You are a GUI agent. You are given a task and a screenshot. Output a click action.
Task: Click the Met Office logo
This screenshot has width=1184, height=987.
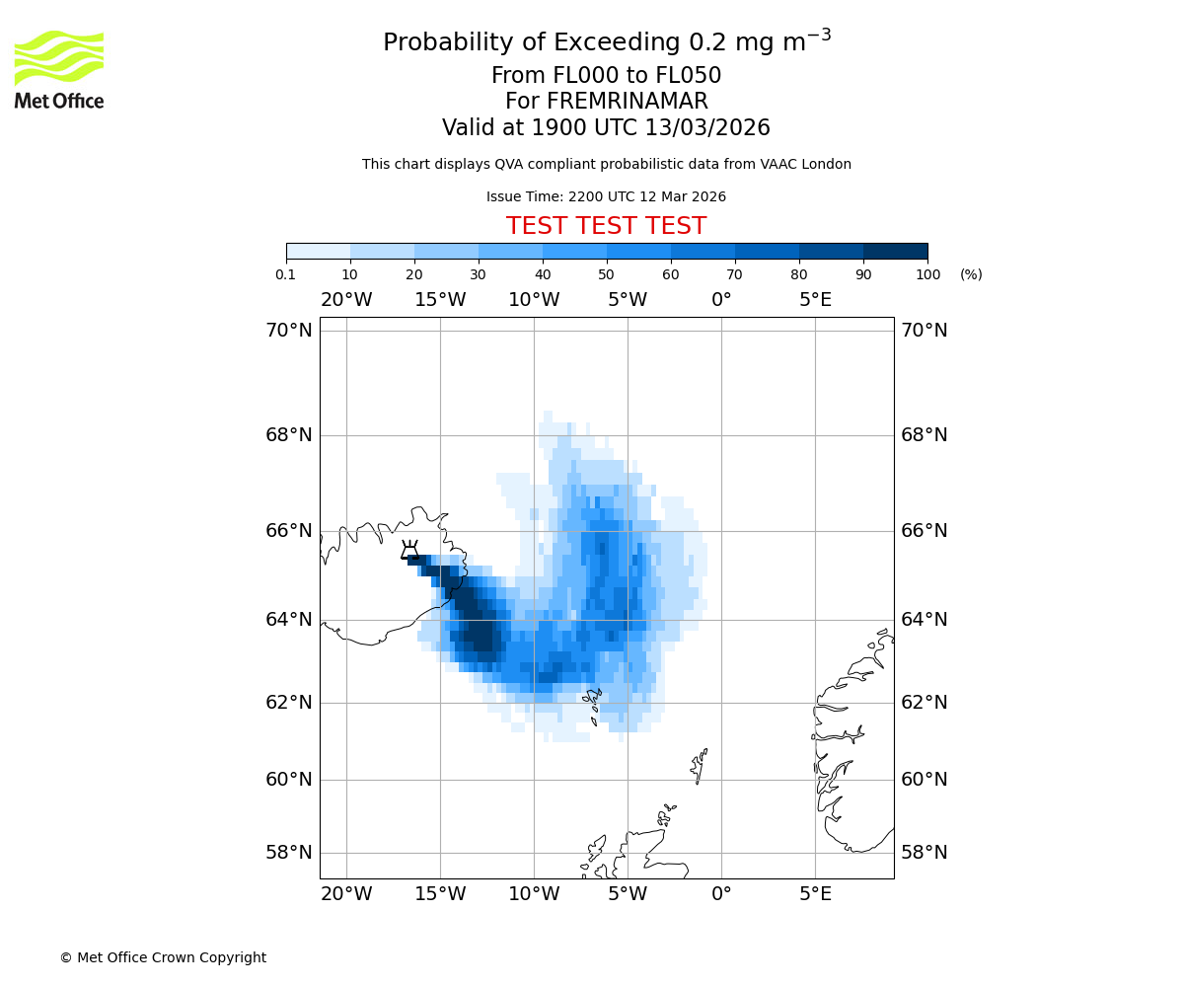tap(59, 69)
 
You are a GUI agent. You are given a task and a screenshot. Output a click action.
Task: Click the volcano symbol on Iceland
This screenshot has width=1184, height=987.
tap(409, 550)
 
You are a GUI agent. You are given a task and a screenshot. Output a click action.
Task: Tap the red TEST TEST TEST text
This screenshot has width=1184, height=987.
tap(606, 226)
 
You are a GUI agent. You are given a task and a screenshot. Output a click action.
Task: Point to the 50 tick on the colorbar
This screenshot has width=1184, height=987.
tap(607, 274)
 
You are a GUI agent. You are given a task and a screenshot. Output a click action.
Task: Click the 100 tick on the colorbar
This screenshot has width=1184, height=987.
tap(927, 274)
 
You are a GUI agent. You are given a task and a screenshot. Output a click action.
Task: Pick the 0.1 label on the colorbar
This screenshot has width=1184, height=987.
tap(286, 274)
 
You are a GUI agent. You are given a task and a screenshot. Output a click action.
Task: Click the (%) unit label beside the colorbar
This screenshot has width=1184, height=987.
tap(971, 274)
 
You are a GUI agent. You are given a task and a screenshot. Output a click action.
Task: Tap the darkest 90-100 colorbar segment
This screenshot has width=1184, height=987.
tap(895, 251)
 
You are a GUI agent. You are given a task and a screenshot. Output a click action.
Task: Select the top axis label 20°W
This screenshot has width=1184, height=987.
tap(346, 300)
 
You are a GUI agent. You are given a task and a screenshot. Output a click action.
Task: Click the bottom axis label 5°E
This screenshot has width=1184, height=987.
tap(815, 894)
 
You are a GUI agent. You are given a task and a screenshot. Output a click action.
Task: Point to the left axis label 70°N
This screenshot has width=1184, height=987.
tap(288, 331)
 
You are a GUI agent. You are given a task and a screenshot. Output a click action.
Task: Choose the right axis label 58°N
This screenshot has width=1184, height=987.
tap(925, 853)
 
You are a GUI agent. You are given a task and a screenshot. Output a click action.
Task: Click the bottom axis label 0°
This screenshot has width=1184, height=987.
tap(721, 894)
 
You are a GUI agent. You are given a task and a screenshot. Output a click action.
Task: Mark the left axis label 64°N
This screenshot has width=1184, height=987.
tap(288, 620)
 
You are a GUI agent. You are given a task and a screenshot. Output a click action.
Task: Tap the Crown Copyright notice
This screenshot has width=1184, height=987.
tap(163, 957)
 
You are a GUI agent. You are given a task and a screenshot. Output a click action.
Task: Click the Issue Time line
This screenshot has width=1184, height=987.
tap(606, 197)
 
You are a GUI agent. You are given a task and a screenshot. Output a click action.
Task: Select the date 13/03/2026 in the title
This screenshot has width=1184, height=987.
tap(707, 128)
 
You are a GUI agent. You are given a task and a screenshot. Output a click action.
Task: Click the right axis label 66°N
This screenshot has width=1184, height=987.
tap(925, 531)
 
